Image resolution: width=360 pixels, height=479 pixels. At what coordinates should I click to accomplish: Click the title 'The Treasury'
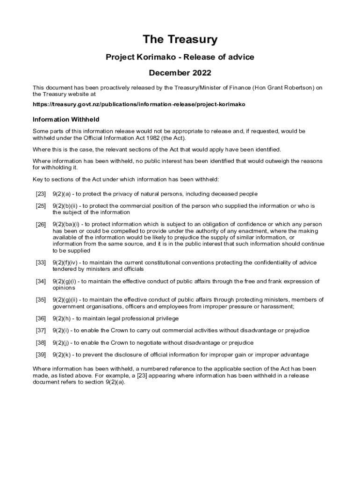[180, 40]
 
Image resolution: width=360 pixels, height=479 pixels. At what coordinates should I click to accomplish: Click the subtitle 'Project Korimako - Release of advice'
[180, 57]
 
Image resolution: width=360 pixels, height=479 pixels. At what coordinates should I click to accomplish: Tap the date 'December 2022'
[180, 73]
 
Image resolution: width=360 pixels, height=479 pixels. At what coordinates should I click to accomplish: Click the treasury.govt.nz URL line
[139, 104]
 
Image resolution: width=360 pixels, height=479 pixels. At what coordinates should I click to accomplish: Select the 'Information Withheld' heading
[66, 119]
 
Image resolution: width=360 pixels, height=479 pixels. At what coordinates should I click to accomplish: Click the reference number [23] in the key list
[41, 194]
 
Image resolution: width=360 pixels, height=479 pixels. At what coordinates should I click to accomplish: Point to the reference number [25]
[41, 206]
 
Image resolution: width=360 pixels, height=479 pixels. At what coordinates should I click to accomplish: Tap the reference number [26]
[41, 225]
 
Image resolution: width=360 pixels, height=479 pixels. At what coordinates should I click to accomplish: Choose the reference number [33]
[41, 263]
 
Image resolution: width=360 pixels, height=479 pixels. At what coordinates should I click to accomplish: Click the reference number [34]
[41, 282]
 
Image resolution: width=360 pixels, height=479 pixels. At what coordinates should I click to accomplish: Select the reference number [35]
[41, 300]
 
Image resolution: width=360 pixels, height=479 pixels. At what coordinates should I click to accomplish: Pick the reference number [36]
[41, 319]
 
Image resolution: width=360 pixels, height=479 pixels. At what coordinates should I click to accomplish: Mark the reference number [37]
[41, 331]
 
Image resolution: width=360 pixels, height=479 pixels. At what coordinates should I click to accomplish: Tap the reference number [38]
[41, 343]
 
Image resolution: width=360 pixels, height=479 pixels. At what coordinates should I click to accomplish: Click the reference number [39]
[41, 355]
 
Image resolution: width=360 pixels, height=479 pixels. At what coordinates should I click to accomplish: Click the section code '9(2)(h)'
[63, 319]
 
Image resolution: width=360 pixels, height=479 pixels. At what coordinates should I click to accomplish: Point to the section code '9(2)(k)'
[63, 355]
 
